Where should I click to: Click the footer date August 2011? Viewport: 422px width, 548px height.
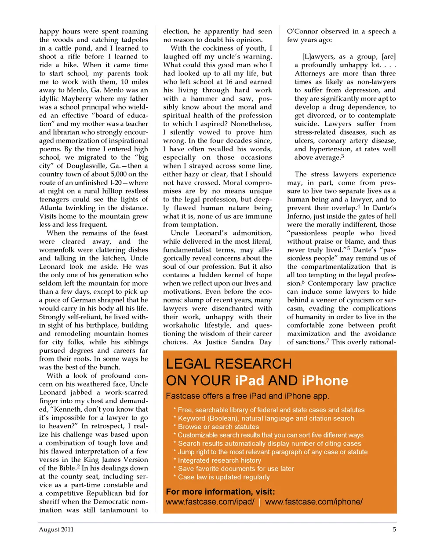tap(56, 530)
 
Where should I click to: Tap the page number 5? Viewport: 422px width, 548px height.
tap(394, 530)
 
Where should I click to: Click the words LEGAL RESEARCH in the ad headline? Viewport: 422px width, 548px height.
tap(229, 364)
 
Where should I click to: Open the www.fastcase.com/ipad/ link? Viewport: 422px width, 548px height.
tap(210, 502)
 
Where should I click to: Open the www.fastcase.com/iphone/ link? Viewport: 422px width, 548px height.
tap(314, 502)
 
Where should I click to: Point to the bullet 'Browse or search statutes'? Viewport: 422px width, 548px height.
tap(218, 427)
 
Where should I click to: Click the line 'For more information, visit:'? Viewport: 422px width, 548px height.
tap(220, 492)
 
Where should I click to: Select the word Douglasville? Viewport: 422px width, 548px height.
tap(87, 166)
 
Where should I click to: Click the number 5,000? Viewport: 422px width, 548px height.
tap(118, 174)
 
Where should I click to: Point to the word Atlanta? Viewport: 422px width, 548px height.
tap(51, 208)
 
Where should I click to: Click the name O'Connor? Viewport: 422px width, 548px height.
tap(305, 31)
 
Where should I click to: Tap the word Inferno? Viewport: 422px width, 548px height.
tap(300, 216)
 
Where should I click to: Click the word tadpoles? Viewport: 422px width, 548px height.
tap(135, 40)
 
